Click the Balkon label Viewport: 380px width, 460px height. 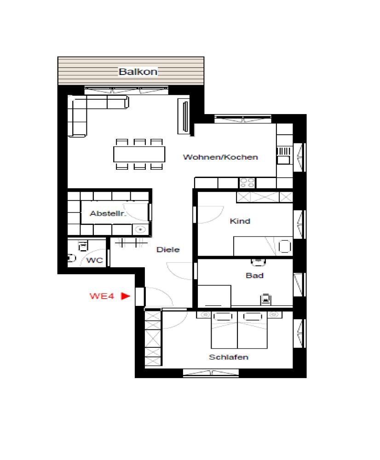[x=138, y=72]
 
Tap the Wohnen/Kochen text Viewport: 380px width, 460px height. [x=220, y=157]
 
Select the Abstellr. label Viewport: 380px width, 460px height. [x=108, y=213]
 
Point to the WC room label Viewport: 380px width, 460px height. [x=94, y=260]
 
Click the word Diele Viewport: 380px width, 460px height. [x=168, y=250]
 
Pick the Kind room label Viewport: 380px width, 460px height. [x=240, y=221]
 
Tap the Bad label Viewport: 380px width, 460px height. [x=254, y=276]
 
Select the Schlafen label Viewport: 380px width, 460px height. [x=229, y=357]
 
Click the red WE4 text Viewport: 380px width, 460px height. [x=102, y=296]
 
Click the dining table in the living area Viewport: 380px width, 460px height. [x=139, y=154]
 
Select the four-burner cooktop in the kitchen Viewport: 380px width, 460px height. [x=247, y=183]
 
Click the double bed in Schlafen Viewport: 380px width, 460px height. [x=238, y=330]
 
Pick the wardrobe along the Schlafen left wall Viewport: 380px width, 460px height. [x=153, y=338]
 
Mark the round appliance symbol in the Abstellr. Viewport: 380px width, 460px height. [x=140, y=229]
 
